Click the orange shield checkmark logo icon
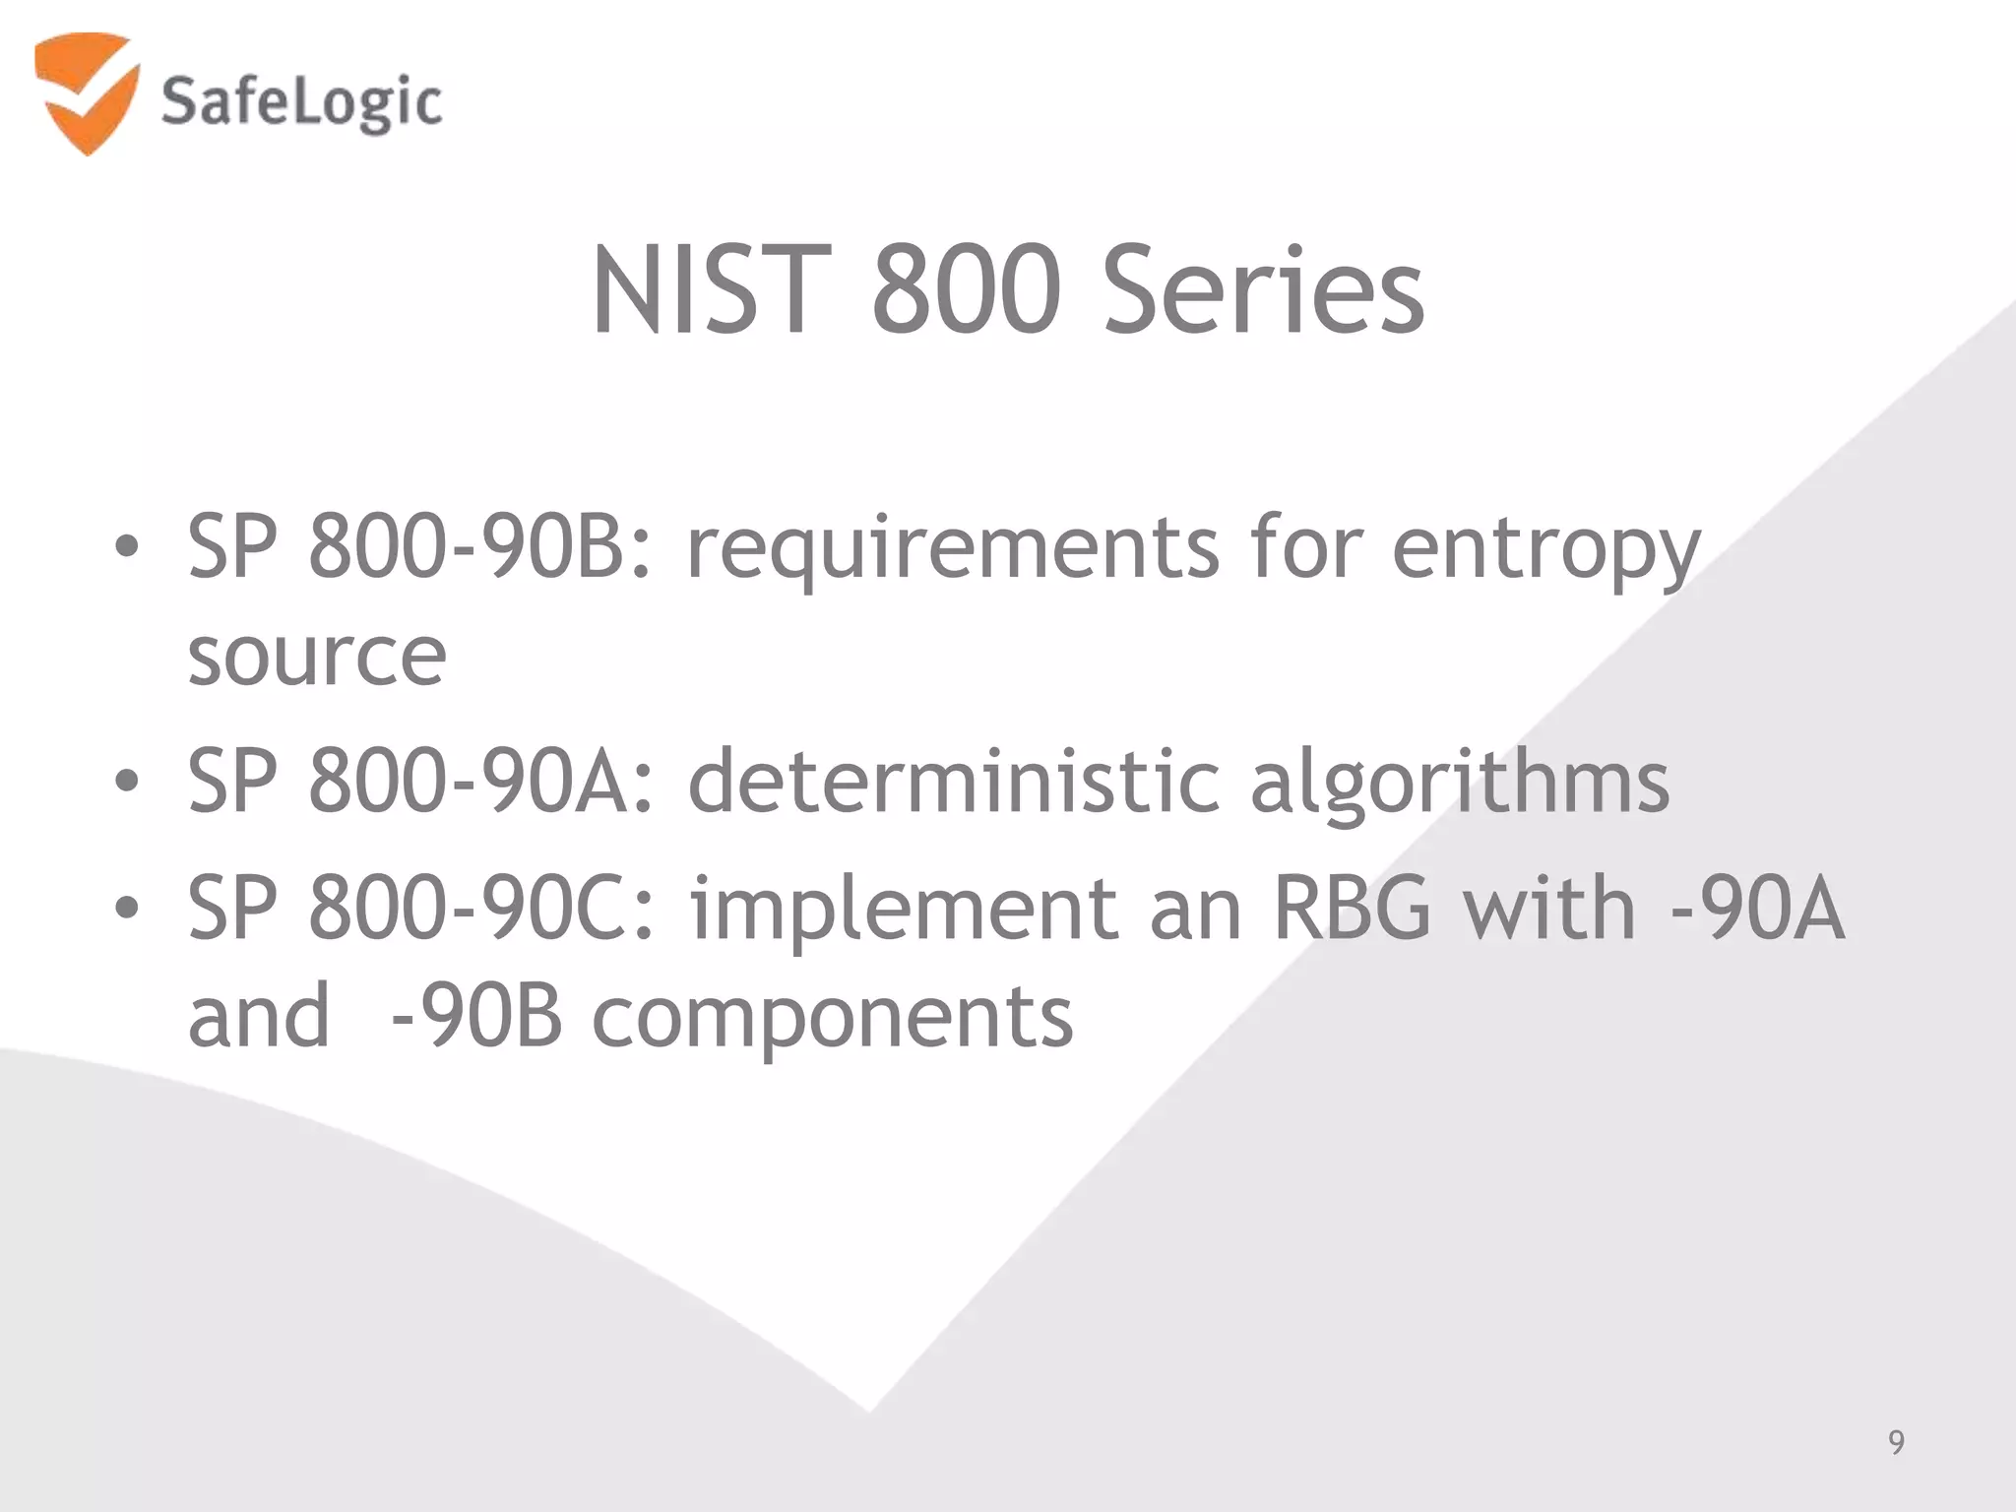click(86, 93)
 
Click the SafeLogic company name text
click(301, 102)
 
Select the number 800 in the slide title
click(966, 291)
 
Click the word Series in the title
click(1263, 291)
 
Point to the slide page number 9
click(1896, 1442)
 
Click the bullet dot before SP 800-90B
click(126, 547)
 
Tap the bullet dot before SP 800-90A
click(126, 782)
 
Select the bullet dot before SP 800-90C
click(126, 908)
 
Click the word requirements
click(952, 549)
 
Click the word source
click(317, 658)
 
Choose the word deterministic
click(953, 782)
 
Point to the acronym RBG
click(1352, 908)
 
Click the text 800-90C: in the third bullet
click(481, 908)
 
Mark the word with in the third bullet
click(1548, 908)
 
